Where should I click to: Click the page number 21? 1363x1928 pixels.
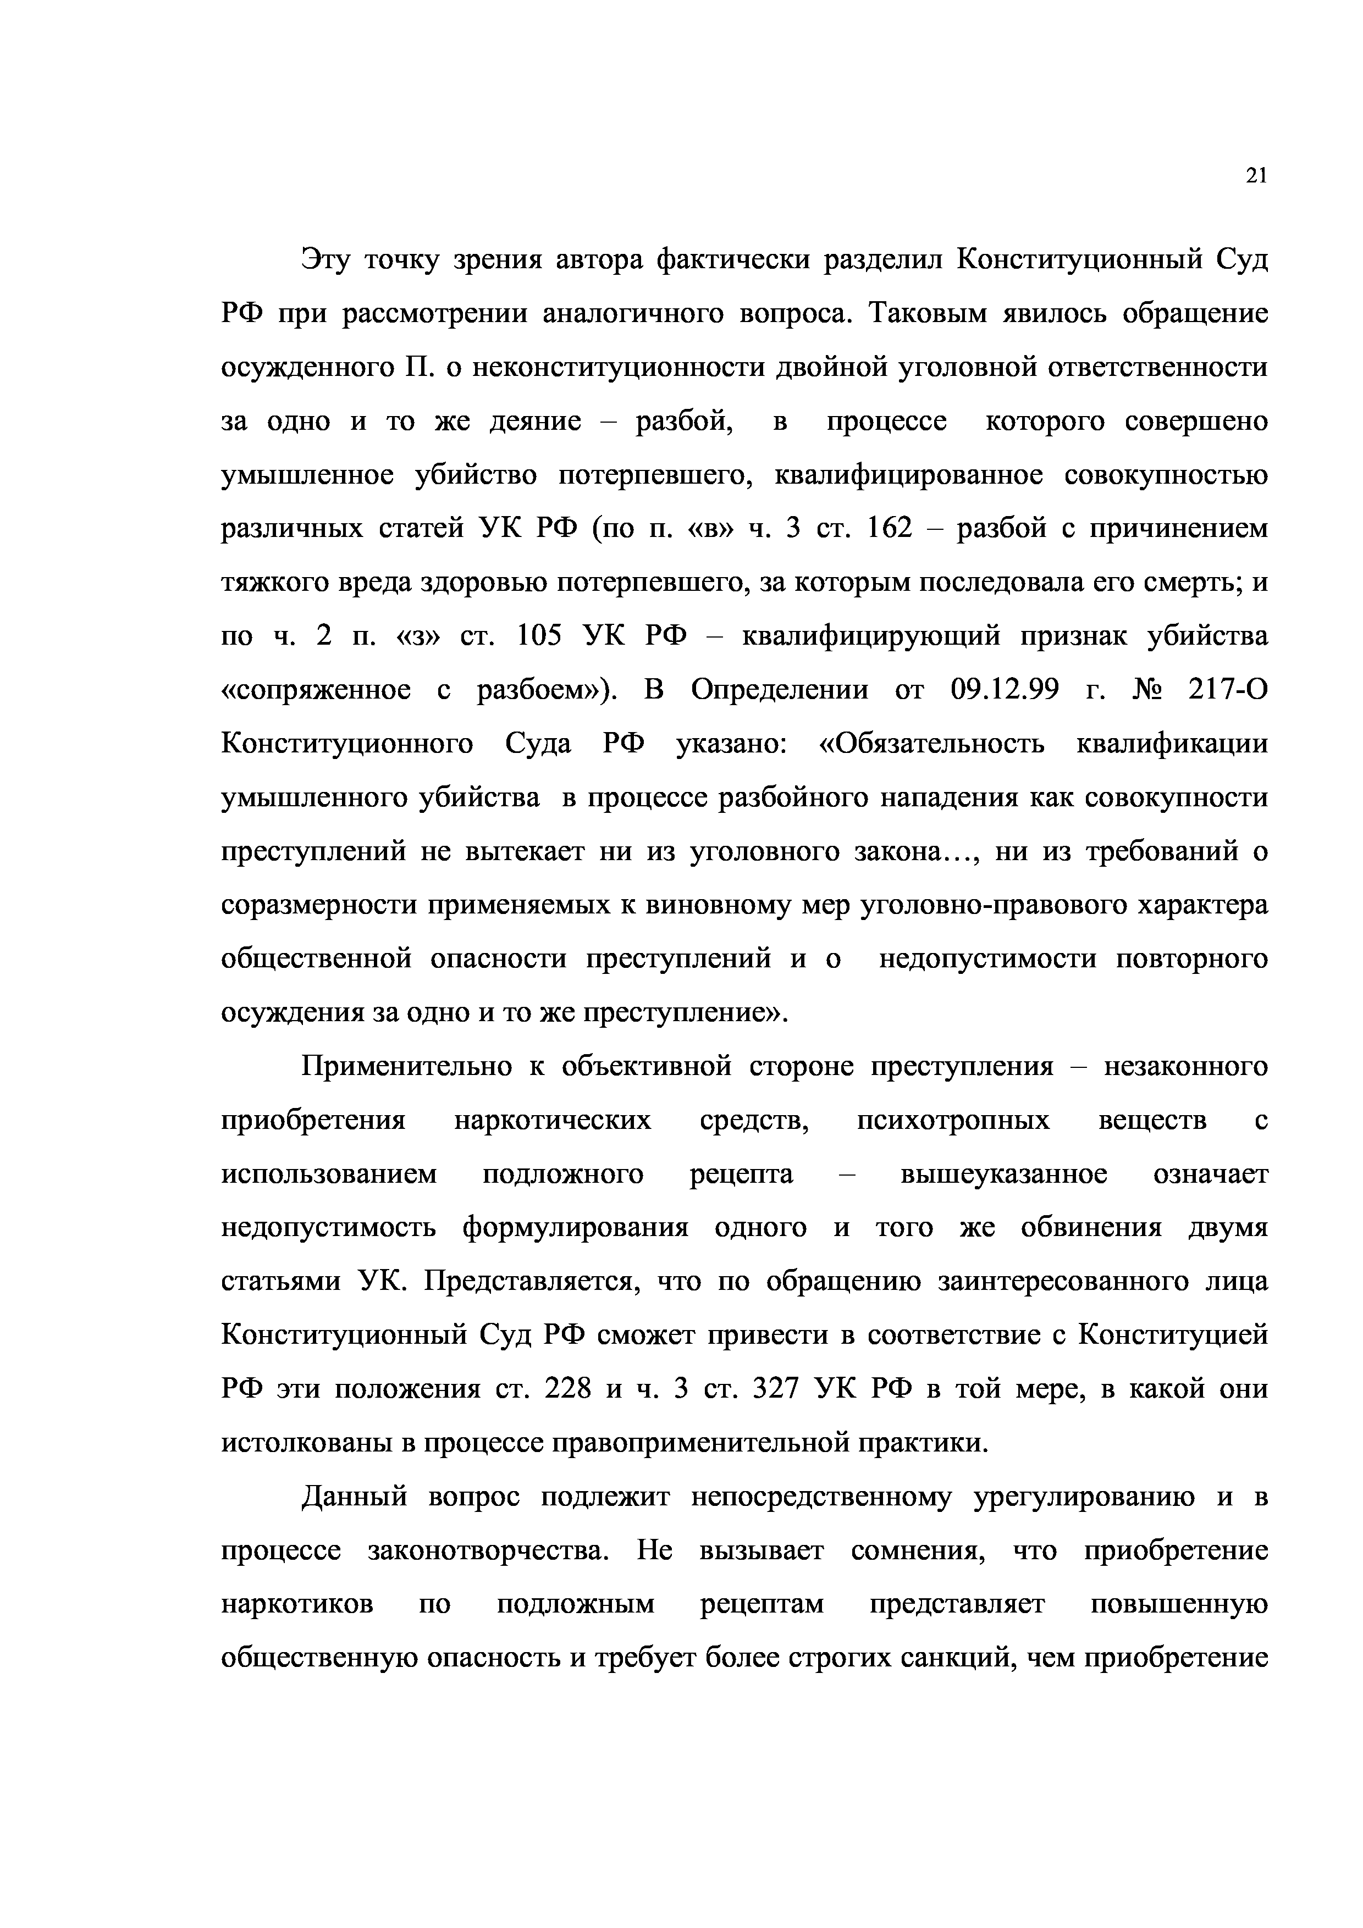coord(1255,175)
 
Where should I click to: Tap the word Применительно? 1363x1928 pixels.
coord(406,1066)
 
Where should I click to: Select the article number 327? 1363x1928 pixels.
coord(777,1388)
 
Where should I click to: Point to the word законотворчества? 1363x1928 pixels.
coord(488,1549)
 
